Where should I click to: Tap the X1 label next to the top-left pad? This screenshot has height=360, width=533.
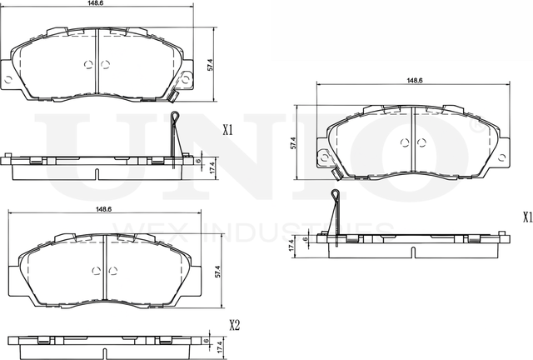point(228,131)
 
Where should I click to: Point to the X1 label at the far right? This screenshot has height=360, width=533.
point(526,217)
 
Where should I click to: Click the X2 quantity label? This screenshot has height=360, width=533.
point(235,326)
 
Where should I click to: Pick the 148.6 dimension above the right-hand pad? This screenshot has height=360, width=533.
point(414,81)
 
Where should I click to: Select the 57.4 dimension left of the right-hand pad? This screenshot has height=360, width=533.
point(294,142)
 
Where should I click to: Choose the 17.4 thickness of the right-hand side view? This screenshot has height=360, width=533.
point(291,247)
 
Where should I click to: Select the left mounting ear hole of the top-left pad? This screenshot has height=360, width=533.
point(8,80)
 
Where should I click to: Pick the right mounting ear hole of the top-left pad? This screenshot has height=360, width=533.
point(189,80)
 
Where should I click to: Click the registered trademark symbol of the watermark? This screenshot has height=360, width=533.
point(476,130)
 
